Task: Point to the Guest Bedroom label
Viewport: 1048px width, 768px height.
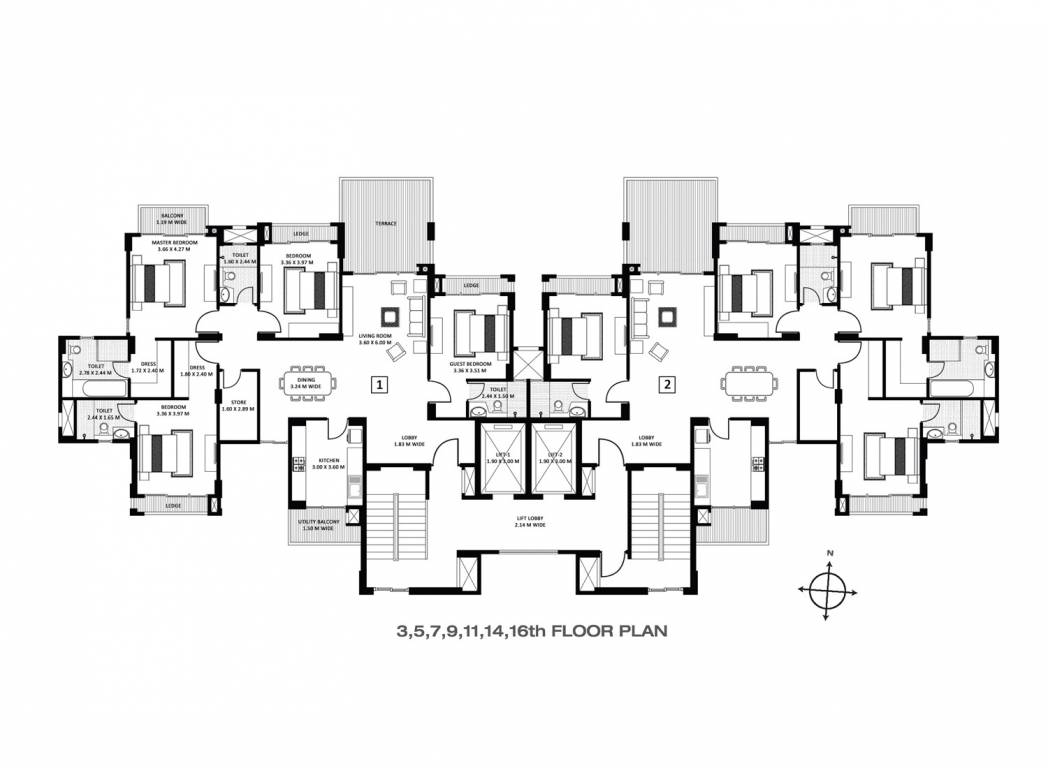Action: [470, 367]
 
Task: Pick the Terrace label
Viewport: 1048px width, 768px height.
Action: [387, 223]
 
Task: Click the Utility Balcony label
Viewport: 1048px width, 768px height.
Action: [319, 525]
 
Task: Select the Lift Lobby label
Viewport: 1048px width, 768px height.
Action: [524, 521]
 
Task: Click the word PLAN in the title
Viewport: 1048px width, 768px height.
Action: [629, 631]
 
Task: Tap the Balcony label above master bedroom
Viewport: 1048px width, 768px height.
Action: [173, 217]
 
